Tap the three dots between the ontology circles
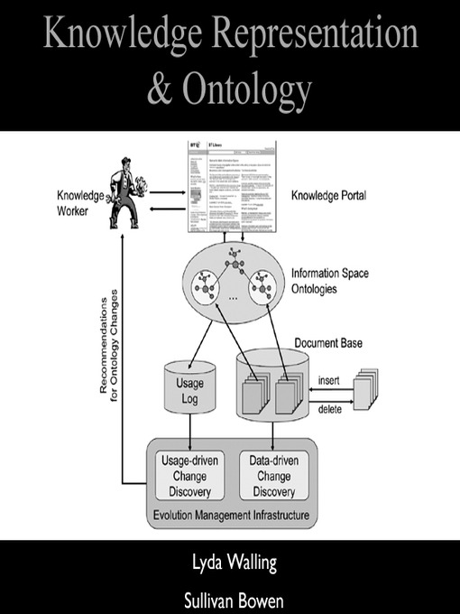(233, 296)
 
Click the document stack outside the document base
(365, 389)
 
